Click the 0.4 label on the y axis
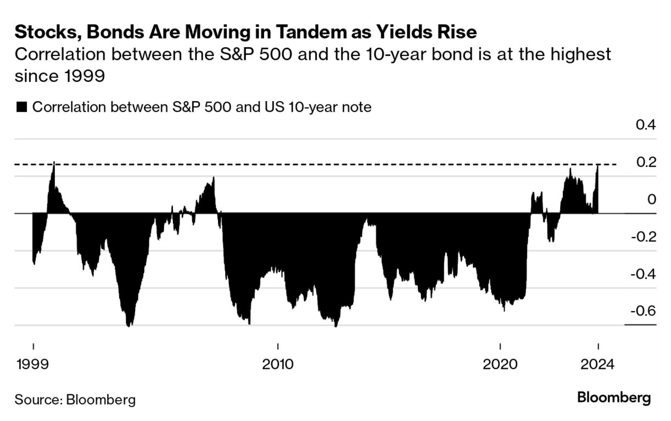click(646, 125)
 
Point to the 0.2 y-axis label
click(646, 163)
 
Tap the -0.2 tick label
click(643, 237)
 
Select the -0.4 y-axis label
click(643, 274)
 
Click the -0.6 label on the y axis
click(643, 311)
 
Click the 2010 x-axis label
click(278, 364)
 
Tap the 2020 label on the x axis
click(500, 364)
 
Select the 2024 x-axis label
click(597, 364)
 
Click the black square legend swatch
click(21, 107)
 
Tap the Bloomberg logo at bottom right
click(614, 398)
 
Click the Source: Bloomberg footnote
click(75, 399)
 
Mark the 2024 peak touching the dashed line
click(597, 165)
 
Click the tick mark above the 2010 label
click(278, 347)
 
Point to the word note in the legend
click(356, 107)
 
